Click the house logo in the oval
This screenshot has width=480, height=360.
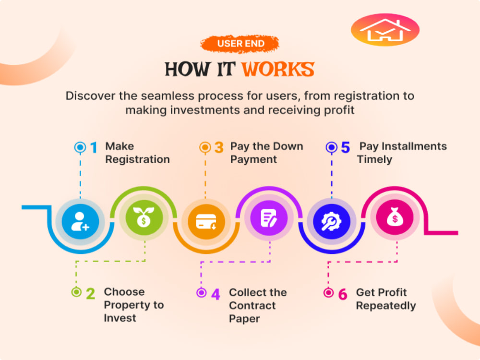(385, 30)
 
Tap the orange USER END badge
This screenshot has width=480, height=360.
(240, 44)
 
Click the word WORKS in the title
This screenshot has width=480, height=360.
(278, 69)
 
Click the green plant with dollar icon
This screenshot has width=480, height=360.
(144, 217)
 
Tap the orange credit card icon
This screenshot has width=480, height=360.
(206, 221)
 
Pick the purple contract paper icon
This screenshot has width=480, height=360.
(269, 217)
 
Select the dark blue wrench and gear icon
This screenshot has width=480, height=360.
(332, 221)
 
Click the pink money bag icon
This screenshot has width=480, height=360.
(395, 217)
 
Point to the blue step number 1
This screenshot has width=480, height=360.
(94, 147)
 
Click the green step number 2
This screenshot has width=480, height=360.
(90, 294)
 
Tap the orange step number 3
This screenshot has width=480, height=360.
(219, 147)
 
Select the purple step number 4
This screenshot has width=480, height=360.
(216, 294)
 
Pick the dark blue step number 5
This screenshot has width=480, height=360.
(346, 147)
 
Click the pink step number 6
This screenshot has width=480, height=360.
(343, 294)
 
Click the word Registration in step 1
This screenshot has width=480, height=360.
(137, 159)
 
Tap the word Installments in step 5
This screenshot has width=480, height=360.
(414, 146)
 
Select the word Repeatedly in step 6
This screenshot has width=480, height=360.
(386, 306)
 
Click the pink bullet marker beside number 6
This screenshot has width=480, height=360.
(328, 293)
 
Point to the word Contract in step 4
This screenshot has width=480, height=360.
(252, 305)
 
